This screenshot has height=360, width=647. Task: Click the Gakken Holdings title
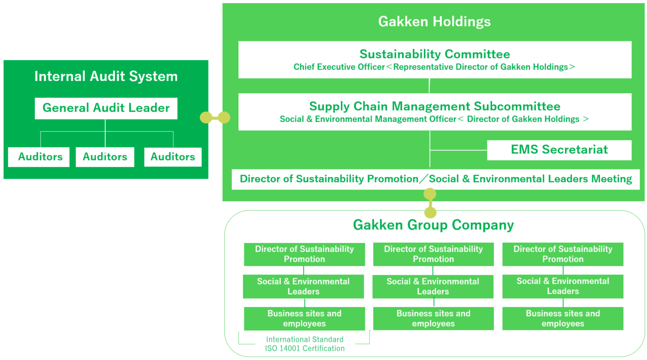pos(434,21)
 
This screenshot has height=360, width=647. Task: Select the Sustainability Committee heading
pos(435,54)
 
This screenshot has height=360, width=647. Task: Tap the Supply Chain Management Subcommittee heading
pos(435,106)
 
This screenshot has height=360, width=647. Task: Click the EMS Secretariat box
pos(559,150)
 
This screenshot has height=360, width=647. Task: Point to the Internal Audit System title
pos(106,76)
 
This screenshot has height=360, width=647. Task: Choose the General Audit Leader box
pos(106,108)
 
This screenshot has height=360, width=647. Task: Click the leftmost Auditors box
pos(40,157)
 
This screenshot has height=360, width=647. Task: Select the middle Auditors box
pos(105,157)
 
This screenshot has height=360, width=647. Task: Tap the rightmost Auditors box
pos(173,157)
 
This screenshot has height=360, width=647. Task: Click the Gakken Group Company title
pos(433,225)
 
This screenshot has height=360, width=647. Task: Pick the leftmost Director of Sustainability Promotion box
pos(304,254)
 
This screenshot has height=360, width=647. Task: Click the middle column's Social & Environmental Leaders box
pos(433,286)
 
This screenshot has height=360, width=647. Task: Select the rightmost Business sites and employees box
pos(563,319)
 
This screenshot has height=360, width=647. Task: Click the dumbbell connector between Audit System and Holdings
pos(215,117)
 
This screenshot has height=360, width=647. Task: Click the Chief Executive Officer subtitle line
pos(434,67)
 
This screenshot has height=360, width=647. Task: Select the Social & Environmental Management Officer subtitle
pos(434,119)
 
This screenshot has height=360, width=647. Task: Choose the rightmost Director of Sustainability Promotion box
pos(563,254)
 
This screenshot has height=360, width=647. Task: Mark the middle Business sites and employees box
pos(433,319)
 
